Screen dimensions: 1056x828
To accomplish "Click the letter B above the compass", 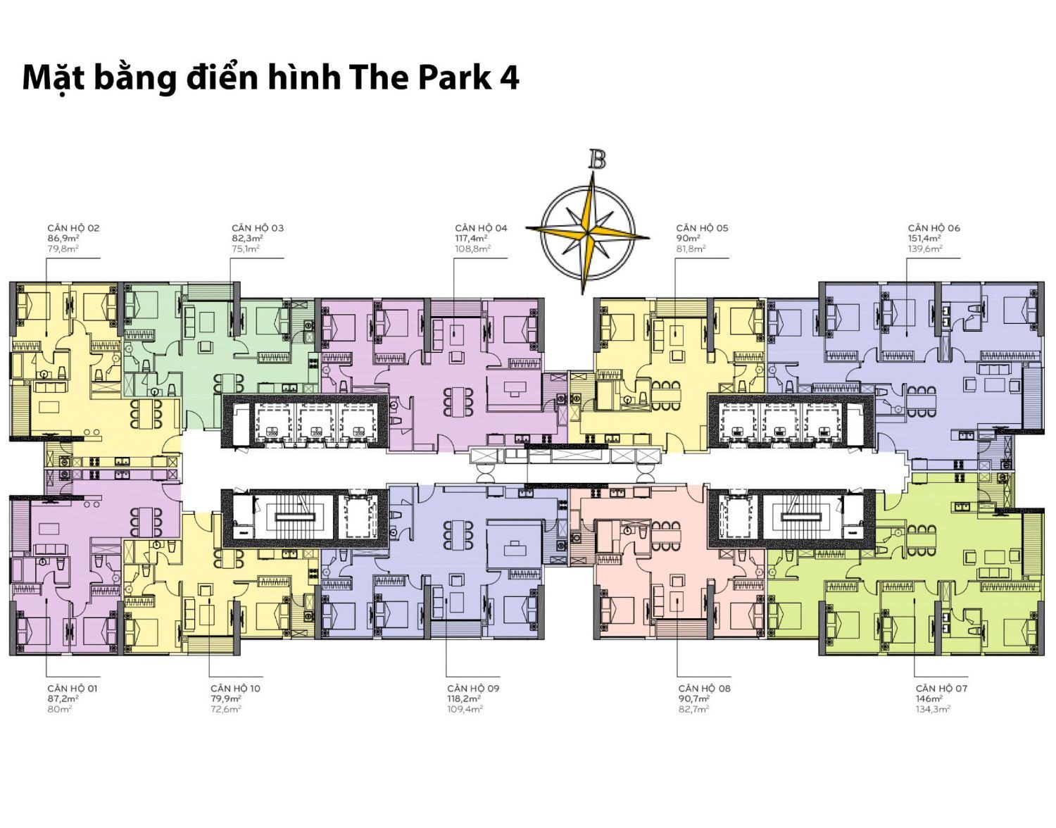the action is [x=597, y=159].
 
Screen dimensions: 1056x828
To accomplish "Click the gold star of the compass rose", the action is [x=588, y=234].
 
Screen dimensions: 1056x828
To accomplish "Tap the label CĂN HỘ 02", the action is [x=73, y=228].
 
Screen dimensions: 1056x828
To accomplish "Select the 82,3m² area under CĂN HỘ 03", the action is [x=247, y=238].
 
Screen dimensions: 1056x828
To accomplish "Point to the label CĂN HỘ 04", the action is [x=481, y=228].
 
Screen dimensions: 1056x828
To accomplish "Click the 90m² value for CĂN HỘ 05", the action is [x=688, y=238].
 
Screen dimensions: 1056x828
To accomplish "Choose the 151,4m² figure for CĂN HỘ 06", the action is [x=924, y=238].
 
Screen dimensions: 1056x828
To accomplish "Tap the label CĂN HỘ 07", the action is [x=941, y=689].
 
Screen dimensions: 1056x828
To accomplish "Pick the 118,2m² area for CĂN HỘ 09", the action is [x=464, y=698].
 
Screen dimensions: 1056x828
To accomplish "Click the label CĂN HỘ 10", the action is [x=235, y=689].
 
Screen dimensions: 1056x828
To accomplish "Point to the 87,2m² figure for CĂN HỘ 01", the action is [x=63, y=698].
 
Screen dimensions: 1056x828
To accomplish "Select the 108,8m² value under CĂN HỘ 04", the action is [x=473, y=249].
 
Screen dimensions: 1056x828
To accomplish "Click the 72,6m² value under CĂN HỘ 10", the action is [x=226, y=709].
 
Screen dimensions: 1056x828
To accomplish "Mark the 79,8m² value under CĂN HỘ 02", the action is [x=63, y=249].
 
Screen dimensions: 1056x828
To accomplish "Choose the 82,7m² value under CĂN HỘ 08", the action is [x=694, y=709].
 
